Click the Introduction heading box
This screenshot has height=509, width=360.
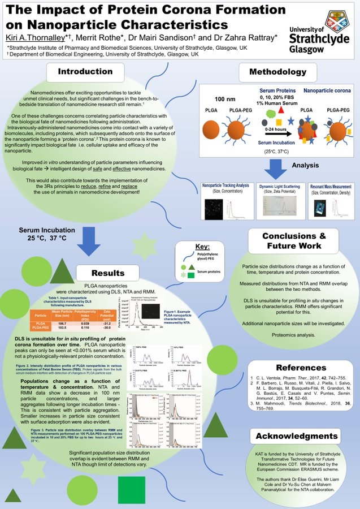tap(85, 72)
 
